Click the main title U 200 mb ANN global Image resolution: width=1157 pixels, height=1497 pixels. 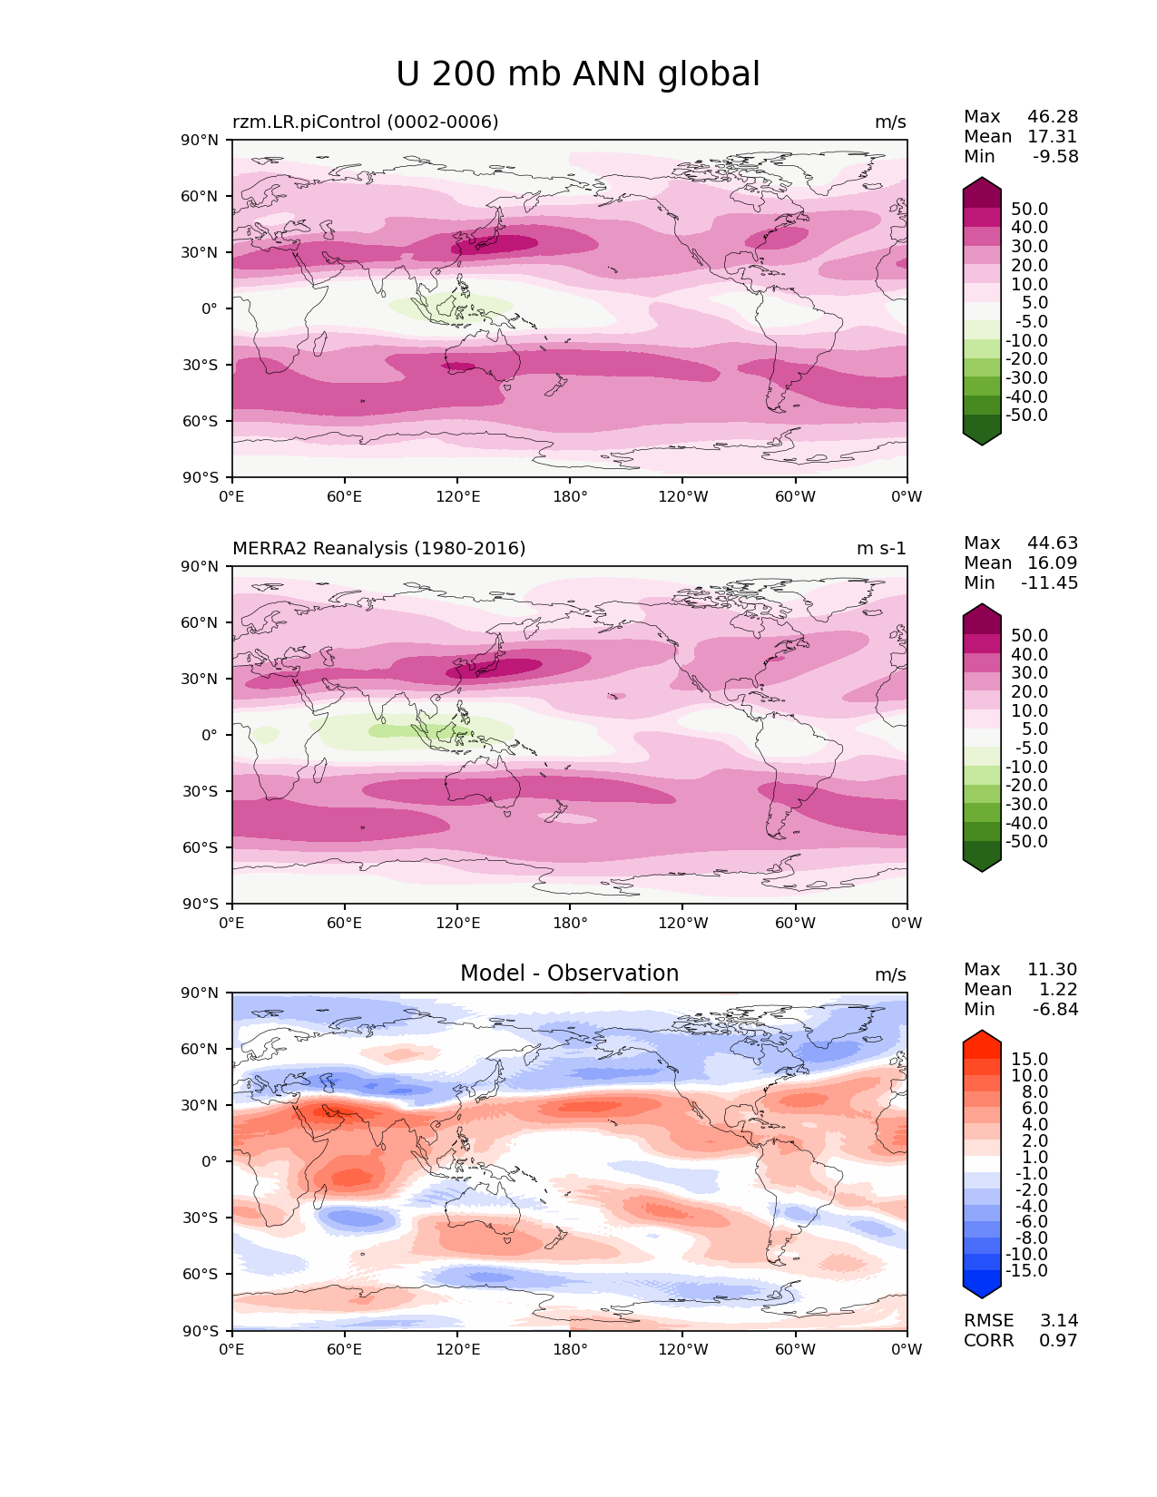pyautogui.click(x=578, y=74)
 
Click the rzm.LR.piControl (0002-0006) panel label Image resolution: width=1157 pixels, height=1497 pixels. pyautogui.click(x=366, y=122)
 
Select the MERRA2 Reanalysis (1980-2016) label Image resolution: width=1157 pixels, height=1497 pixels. pyautogui.click(x=379, y=548)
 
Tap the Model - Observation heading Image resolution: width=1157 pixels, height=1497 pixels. pyautogui.click(x=569, y=974)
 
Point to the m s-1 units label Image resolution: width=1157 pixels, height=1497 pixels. pyautogui.click(x=881, y=548)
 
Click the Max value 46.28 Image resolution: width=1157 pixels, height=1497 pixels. pyautogui.click(x=1053, y=116)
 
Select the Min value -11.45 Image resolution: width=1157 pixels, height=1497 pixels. pyautogui.click(x=1050, y=582)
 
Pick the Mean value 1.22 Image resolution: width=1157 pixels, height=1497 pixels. pyautogui.click(x=1058, y=989)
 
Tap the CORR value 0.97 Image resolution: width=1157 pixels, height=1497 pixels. pyautogui.click(x=1058, y=1340)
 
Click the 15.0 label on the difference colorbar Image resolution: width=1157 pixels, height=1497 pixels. pyautogui.click(x=1030, y=1059)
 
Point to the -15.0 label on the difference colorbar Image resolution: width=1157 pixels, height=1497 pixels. pyautogui.click(x=1026, y=1270)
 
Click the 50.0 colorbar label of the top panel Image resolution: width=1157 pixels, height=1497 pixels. pyautogui.click(x=1030, y=209)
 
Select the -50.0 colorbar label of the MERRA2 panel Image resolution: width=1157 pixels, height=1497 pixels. pyautogui.click(x=1026, y=841)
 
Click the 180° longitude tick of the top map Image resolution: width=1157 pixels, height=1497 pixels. pyautogui.click(x=570, y=496)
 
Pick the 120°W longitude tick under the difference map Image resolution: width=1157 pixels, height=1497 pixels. pyautogui.click(x=682, y=1349)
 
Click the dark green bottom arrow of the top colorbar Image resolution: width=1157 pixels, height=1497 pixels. pyautogui.click(x=982, y=437)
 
